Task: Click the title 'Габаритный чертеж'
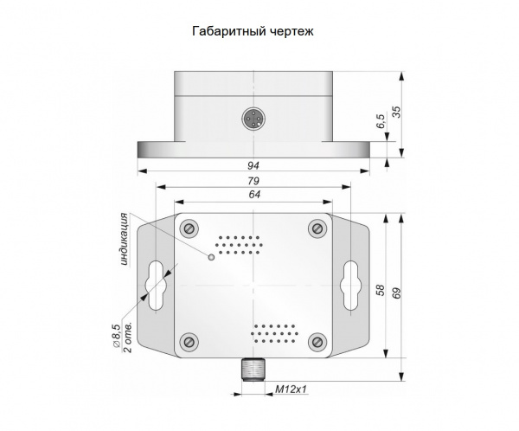tap(253, 31)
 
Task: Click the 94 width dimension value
tap(253, 165)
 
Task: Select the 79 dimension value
tap(253, 181)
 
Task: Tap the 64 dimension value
tap(254, 195)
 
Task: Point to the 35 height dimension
tap(396, 112)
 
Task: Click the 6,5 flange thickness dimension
tap(381, 121)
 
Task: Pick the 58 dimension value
tap(381, 290)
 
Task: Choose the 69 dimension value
tap(396, 293)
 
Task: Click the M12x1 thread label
tap(292, 389)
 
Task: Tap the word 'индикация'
tap(124, 239)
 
